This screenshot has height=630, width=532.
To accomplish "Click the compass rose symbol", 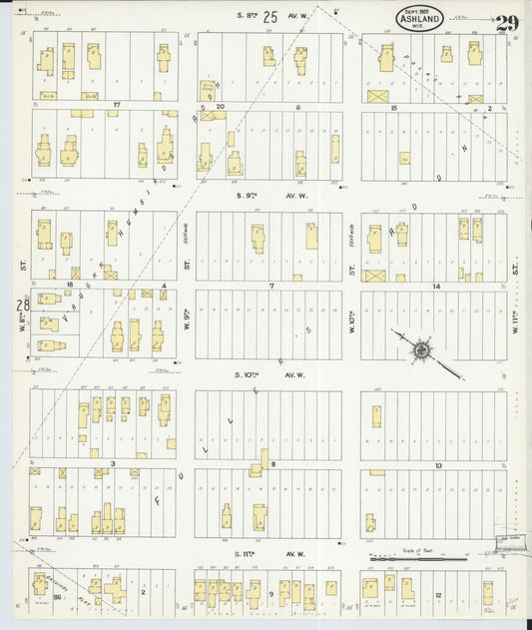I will pyautogui.click(x=423, y=351).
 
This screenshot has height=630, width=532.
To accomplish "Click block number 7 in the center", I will pyautogui.click(x=270, y=286).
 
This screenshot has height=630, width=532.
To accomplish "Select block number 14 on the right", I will pyautogui.click(x=436, y=286).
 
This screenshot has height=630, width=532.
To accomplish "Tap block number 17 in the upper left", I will pyautogui.click(x=116, y=105).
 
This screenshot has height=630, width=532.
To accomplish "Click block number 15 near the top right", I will pyautogui.click(x=394, y=107).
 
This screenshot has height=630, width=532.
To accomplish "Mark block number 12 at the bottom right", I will pyautogui.click(x=438, y=595).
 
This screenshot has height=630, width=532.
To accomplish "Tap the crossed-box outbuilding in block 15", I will pyautogui.click(x=377, y=97).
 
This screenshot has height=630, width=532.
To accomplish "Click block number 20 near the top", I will pyautogui.click(x=221, y=106).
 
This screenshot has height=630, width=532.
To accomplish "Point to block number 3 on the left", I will pyautogui.click(x=114, y=464).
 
